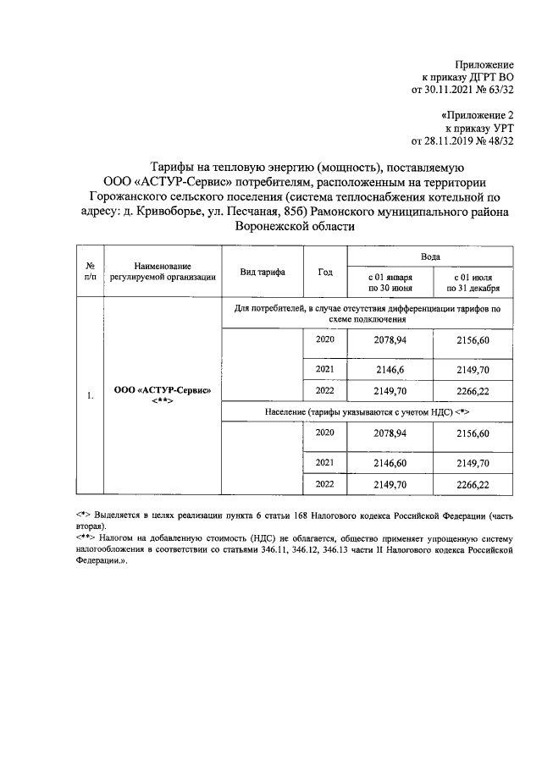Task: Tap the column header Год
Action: pos(325,273)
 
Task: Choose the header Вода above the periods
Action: pos(430,255)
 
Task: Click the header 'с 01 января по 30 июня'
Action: pos(390,282)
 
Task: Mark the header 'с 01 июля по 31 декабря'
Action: pos(473,282)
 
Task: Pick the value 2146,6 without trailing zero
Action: pos(390,370)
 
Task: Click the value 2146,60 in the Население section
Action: pos(390,463)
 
